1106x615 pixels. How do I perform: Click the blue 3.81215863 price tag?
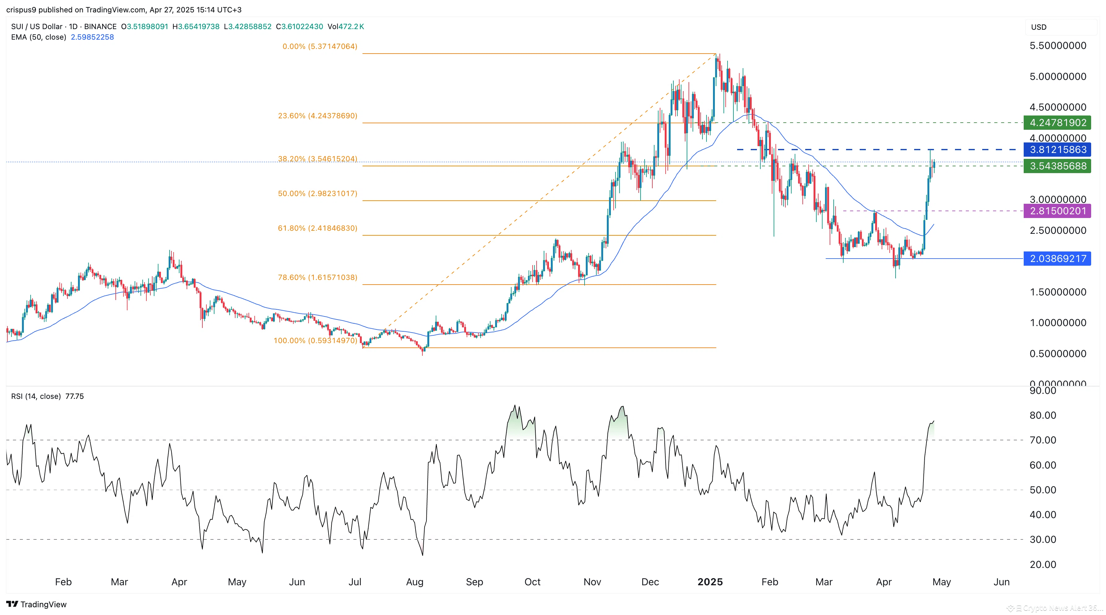click(x=1057, y=150)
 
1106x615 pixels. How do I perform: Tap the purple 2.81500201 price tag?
click(x=1057, y=211)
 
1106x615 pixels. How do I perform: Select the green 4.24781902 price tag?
click(x=1057, y=123)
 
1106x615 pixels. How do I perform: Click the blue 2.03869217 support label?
click(x=1057, y=259)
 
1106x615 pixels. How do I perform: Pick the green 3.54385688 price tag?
click(x=1057, y=166)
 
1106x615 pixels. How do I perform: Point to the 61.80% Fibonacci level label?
click(x=317, y=228)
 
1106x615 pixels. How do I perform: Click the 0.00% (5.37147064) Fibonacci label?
click(x=319, y=46)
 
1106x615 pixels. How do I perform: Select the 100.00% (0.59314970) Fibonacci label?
click(x=315, y=340)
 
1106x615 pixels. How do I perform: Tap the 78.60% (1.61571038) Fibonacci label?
click(x=317, y=277)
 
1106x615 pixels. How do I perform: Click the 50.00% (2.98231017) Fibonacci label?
click(x=317, y=194)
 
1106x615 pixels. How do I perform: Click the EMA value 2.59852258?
click(x=92, y=37)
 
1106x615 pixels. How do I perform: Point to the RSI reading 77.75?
click(x=75, y=396)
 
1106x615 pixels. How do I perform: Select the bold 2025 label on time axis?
click(x=710, y=582)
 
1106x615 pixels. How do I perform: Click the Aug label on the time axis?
click(x=414, y=582)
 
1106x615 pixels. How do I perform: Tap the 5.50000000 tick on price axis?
click(x=1057, y=46)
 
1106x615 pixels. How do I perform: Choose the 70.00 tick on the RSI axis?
click(x=1043, y=440)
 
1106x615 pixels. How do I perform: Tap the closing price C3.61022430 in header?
click(x=299, y=27)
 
